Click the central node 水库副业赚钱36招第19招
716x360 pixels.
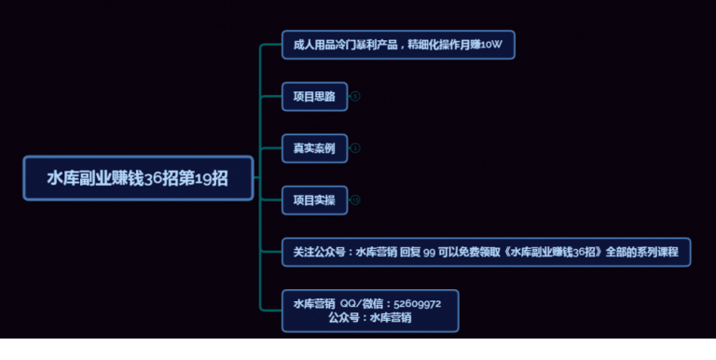[138, 178]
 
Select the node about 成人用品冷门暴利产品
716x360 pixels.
[398, 45]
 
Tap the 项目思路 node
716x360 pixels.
[314, 96]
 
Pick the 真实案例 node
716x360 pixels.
[314, 148]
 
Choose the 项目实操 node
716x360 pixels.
[314, 200]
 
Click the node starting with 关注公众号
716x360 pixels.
[486, 252]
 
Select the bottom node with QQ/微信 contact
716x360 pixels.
[370, 311]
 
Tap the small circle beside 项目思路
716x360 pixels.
[355, 96]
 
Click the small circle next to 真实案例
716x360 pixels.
[355, 148]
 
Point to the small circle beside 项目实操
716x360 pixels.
[355, 200]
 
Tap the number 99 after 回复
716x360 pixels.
[430, 252]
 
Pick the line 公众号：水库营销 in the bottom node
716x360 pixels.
[370, 318]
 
